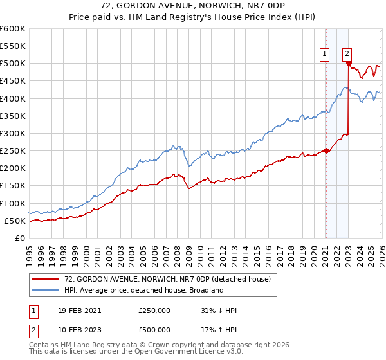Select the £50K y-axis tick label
pos(15,221)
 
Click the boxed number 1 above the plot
pos(325,55)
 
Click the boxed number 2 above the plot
pos(347,55)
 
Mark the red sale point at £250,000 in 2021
pos(326,151)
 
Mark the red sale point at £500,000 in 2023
pos(349,64)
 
